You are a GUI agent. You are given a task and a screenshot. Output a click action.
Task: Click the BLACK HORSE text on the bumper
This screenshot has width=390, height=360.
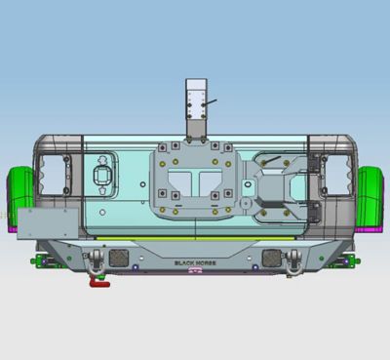tap(195, 262)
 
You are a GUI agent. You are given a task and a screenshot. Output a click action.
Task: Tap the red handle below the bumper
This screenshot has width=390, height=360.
tap(99, 282)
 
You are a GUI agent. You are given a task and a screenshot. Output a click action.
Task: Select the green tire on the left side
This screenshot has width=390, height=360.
tap(20, 196)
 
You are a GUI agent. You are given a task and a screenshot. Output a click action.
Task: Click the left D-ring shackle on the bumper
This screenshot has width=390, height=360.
tap(97, 260)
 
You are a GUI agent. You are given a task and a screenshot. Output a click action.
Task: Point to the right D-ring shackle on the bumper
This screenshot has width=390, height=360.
tap(293, 260)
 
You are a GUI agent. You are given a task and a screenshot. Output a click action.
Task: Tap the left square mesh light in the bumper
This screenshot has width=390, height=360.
tap(119, 258)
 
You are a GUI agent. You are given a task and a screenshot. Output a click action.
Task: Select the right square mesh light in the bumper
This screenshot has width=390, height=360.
tap(272, 258)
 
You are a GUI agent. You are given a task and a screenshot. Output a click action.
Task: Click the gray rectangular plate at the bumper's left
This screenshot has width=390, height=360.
tap(48, 223)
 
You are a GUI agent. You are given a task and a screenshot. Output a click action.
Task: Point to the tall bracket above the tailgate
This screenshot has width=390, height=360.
tap(196, 108)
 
